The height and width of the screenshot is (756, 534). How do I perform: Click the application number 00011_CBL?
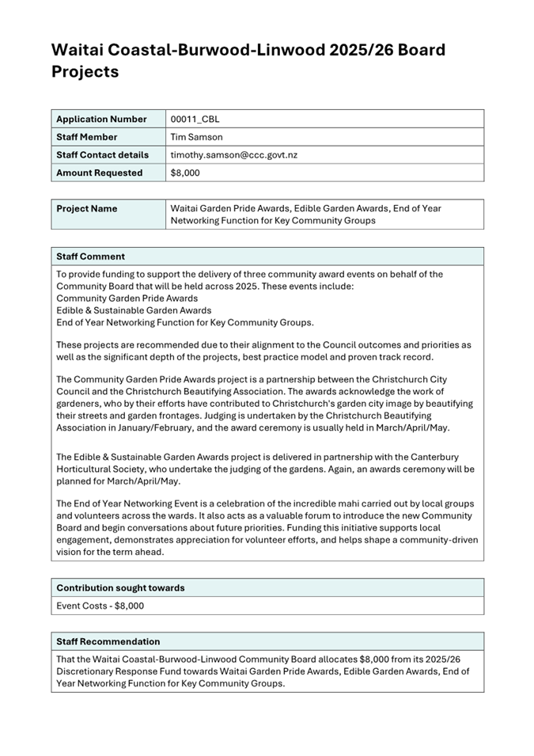[195, 120]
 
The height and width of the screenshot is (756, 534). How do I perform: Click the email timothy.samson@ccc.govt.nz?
[234, 155]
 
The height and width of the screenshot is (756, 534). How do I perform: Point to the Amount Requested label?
[100, 173]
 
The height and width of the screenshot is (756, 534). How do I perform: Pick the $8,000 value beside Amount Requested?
[185, 173]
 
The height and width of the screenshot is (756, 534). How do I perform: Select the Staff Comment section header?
[90, 256]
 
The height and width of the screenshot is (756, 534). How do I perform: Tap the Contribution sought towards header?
[120, 587]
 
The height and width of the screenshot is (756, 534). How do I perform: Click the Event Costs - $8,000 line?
[100, 606]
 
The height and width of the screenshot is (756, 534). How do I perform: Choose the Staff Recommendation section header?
[108, 641]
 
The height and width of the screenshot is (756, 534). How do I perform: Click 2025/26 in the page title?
[362, 50]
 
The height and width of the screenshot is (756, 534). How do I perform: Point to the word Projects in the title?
[85, 72]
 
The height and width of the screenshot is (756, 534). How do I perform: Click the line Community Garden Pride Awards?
[127, 298]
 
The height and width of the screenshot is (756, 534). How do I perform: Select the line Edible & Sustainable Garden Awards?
[134, 310]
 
